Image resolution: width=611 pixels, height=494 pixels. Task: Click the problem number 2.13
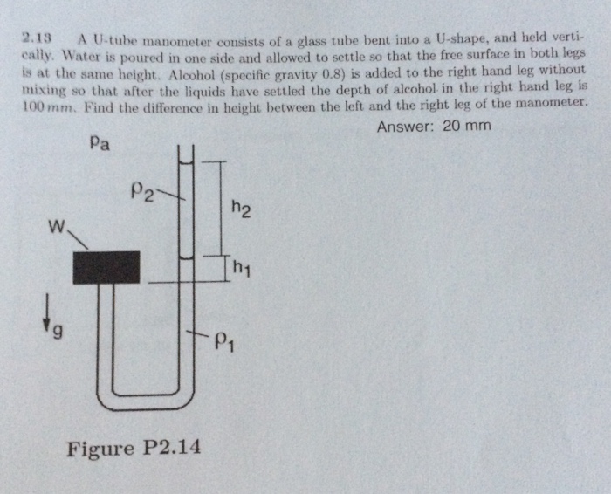click(x=38, y=39)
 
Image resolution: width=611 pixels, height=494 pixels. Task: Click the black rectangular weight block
click(x=106, y=267)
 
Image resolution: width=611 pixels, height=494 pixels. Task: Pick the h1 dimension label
click(x=242, y=267)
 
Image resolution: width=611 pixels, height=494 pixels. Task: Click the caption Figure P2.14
click(x=134, y=449)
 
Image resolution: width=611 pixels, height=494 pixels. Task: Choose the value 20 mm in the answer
click(x=466, y=127)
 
